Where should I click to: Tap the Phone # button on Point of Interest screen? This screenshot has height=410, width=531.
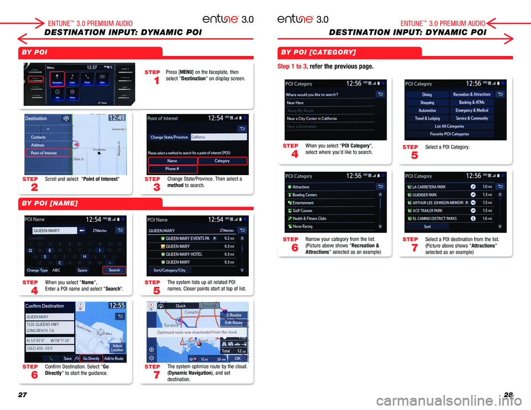click(x=172, y=169)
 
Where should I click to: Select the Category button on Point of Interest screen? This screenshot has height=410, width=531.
click(x=222, y=161)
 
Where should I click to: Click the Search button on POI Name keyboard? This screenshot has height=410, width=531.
click(x=114, y=270)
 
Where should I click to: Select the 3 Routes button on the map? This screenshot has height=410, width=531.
click(x=233, y=315)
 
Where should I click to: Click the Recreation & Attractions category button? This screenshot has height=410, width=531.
click(x=471, y=94)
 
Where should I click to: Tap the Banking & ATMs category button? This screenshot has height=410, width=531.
click(x=471, y=102)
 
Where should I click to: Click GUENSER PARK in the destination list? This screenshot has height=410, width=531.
click(x=424, y=195)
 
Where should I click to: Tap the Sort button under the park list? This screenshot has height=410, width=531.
click(x=427, y=227)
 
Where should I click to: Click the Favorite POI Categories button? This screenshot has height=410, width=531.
click(x=449, y=134)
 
